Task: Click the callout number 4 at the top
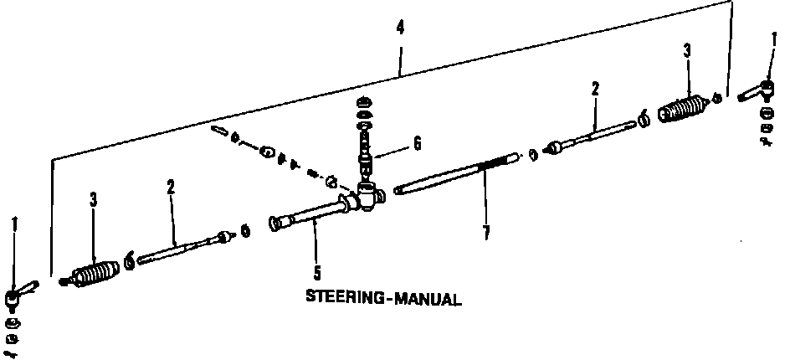(x=400, y=28)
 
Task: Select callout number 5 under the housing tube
(x=317, y=270)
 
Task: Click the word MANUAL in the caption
(x=428, y=298)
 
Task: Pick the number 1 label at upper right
(x=773, y=39)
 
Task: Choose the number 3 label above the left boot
(x=93, y=201)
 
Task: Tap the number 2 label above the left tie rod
(x=170, y=188)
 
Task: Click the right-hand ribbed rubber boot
(x=686, y=110)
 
